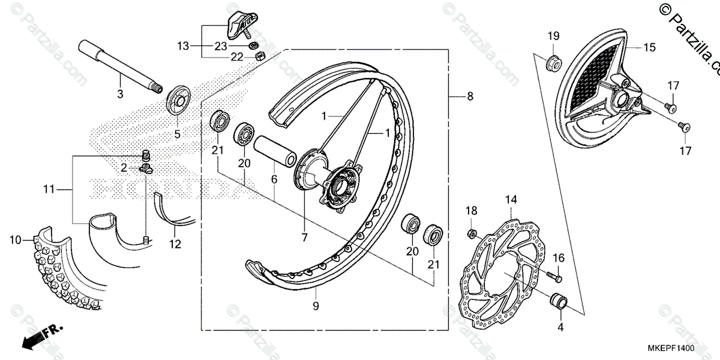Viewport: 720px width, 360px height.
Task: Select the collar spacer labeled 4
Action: coord(560,299)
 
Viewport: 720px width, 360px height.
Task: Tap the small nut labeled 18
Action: coord(472,233)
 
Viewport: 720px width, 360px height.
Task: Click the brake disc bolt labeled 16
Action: coord(555,277)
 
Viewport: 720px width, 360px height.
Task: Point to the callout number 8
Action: coord(470,95)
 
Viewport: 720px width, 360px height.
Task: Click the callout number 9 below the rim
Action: coord(316,307)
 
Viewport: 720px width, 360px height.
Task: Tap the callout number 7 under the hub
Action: coord(304,238)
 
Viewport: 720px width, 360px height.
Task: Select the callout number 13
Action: coord(182,46)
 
